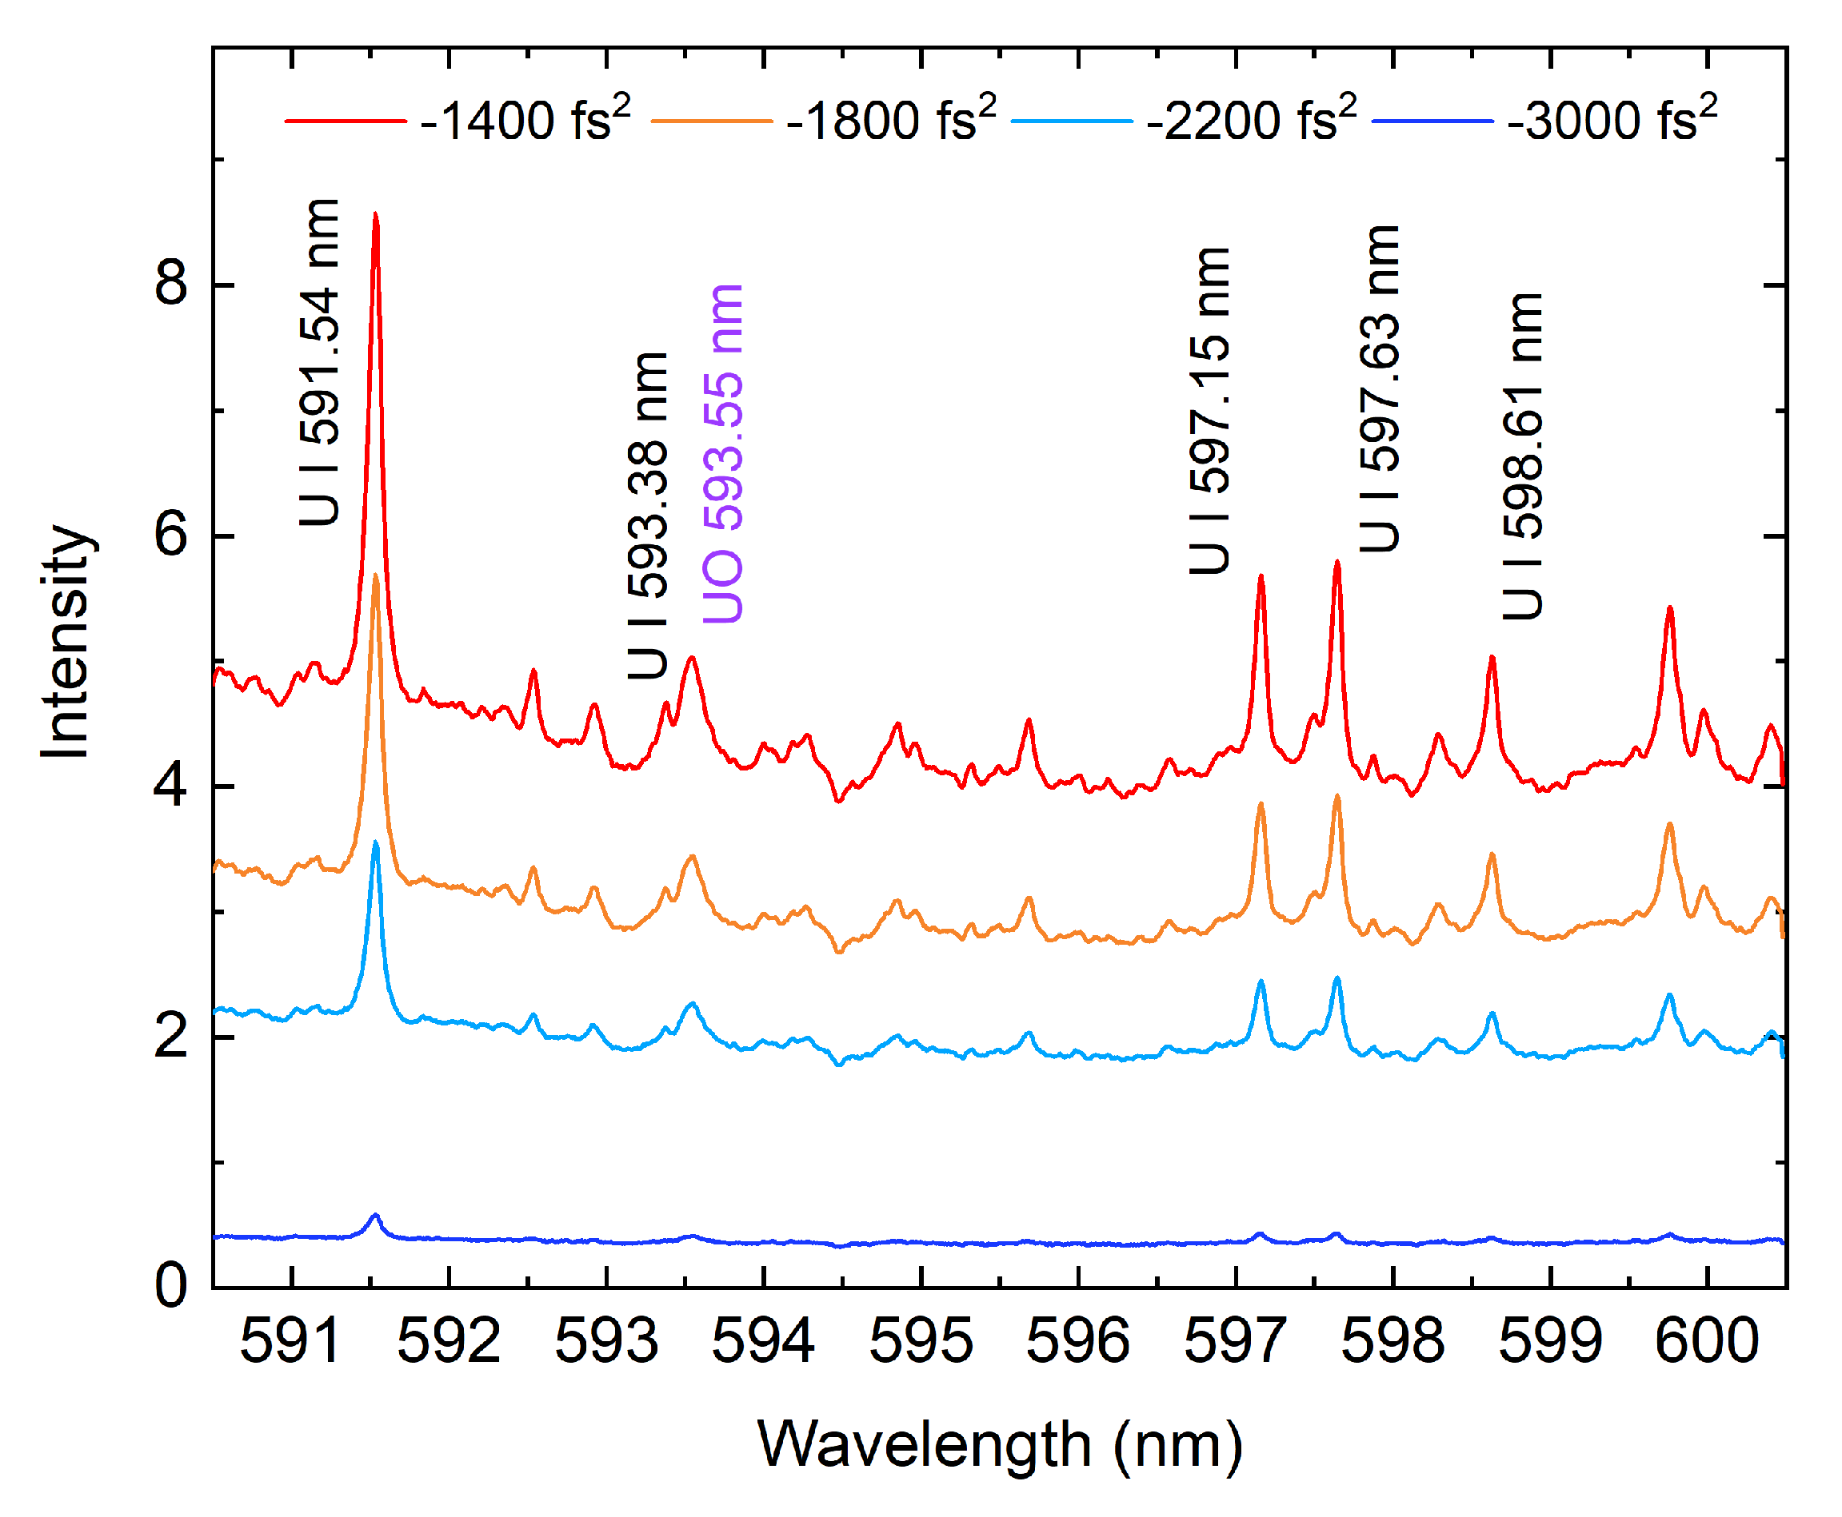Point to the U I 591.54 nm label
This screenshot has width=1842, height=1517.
pos(319,363)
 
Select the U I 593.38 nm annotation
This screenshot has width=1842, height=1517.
pos(648,516)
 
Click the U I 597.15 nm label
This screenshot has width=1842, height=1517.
pos(1209,411)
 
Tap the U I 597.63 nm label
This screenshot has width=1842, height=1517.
pos(1379,389)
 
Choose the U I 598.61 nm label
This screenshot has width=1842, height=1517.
pos(1522,456)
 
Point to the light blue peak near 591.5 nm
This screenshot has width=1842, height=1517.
pos(375,843)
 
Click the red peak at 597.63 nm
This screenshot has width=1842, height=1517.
pos(1336,563)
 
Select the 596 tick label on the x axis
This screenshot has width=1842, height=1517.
pos(1077,1341)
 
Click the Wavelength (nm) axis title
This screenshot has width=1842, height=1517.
pos(999,1444)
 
